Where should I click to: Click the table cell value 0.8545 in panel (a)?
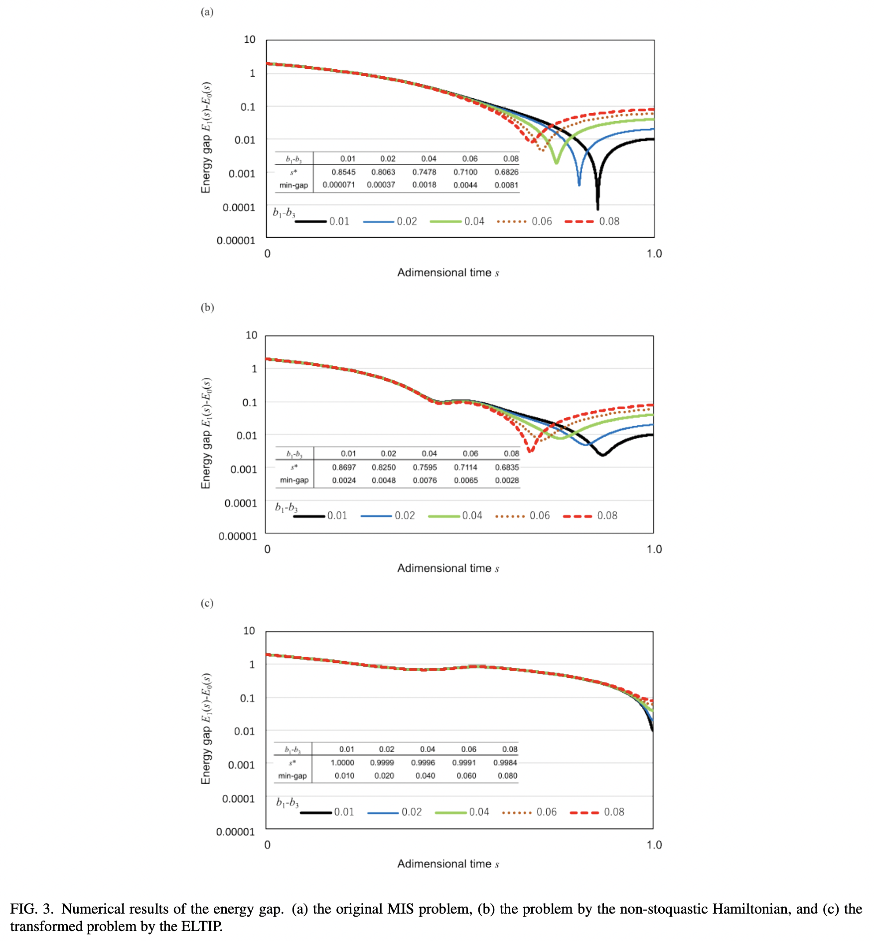tap(343, 172)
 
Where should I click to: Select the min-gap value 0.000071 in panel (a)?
tap(338, 185)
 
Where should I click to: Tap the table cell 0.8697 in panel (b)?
tap(344, 467)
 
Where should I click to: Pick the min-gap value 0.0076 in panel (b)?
tap(425, 480)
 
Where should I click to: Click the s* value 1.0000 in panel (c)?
tap(342, 763)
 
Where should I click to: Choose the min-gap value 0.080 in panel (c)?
tap(507, 776)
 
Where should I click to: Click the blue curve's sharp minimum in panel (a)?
tap(579, 184)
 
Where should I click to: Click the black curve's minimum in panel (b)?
tap(603, 455)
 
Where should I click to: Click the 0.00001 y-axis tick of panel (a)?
tap(236, 241)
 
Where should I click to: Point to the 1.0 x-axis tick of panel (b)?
tap(654, 549)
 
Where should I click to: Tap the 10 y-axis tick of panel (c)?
tap(249, 631)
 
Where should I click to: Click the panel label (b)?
tap(207, 308)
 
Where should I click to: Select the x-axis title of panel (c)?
tap(447, 864)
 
